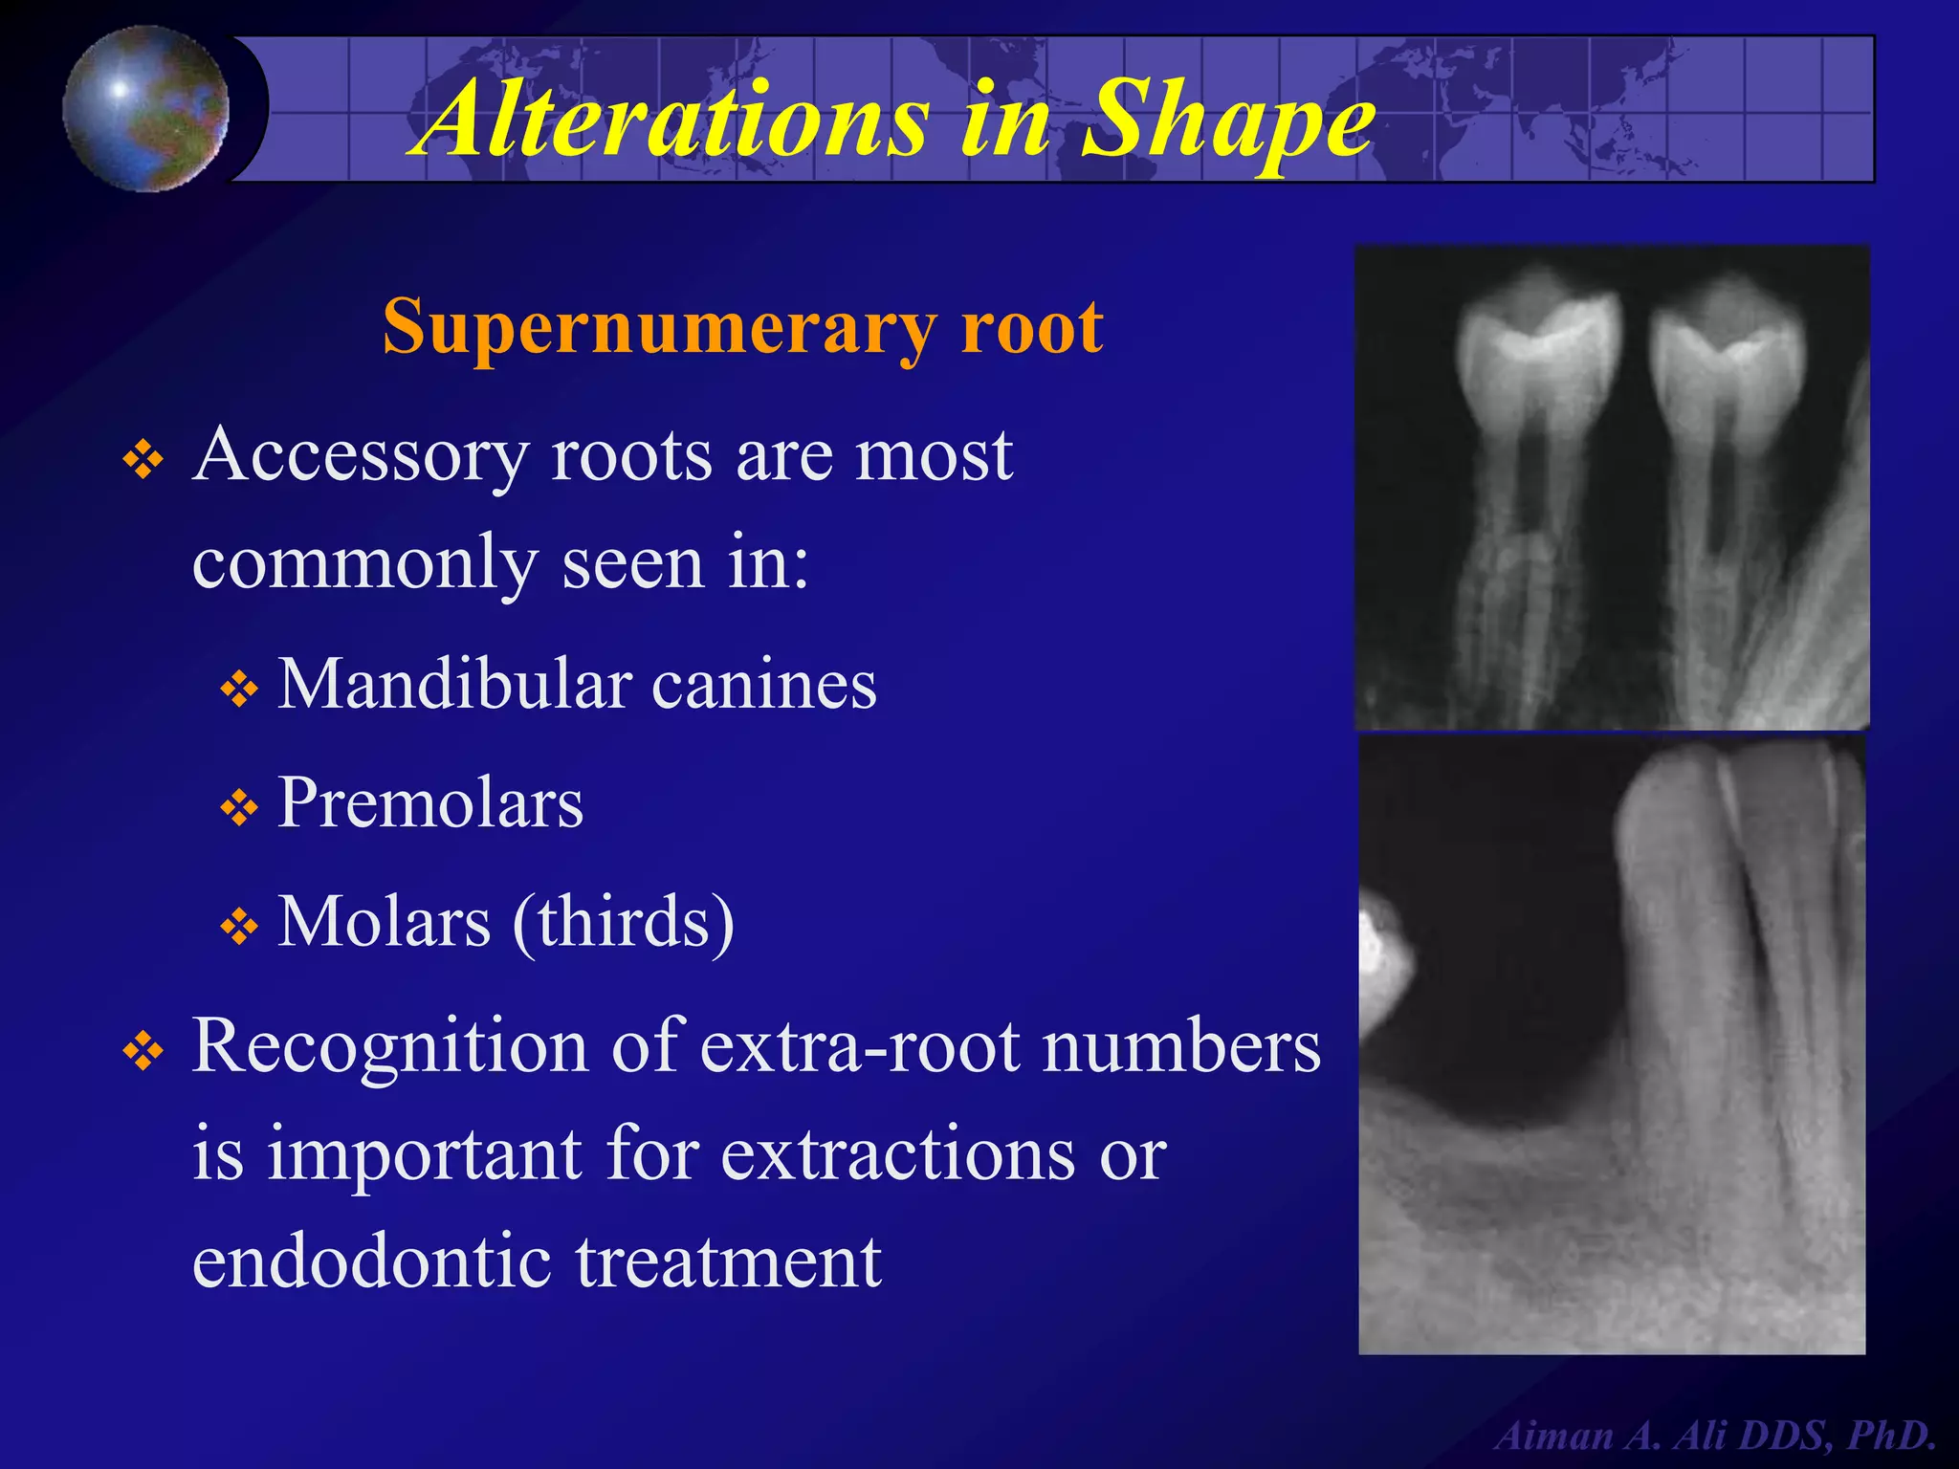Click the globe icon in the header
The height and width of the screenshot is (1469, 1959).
coord(146,108)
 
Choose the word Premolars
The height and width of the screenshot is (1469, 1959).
coord(430,803)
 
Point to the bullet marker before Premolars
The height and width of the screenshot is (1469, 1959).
coord(239,809)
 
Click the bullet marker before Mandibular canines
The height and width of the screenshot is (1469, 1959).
coord(239,690)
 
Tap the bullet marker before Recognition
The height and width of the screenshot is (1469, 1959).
coord(143,1052)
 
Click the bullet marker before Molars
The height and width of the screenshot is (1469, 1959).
coord(239,927)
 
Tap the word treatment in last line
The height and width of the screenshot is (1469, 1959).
coord(728,1261)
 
